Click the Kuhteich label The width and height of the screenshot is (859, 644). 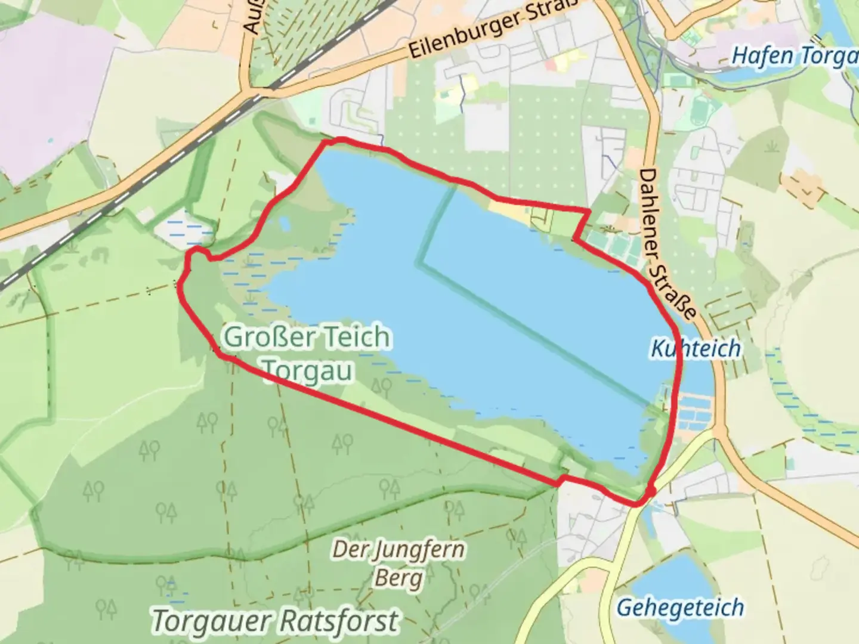696,348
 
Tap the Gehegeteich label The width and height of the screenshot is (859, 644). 680,608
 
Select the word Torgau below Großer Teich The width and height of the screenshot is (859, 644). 308,371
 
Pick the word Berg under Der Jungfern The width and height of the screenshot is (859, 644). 398,577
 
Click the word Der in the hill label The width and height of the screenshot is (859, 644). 345,550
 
